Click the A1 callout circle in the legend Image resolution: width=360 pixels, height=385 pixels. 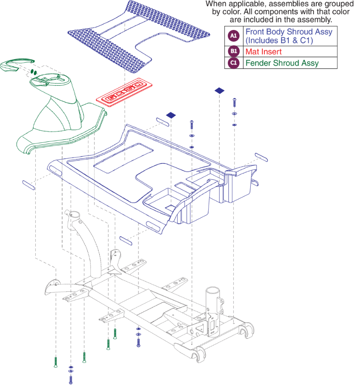coord(233,36)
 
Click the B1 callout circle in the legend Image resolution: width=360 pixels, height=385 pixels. coord(233,52)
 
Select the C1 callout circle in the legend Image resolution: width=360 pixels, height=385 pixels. coord(233,63)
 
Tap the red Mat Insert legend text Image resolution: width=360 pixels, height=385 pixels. coord(263,52)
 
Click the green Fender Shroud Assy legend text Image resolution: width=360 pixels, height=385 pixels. coord(282,63)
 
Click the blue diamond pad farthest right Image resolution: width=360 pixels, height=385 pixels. coord(219,90)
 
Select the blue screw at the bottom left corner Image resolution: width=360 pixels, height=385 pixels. coord(71,379)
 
